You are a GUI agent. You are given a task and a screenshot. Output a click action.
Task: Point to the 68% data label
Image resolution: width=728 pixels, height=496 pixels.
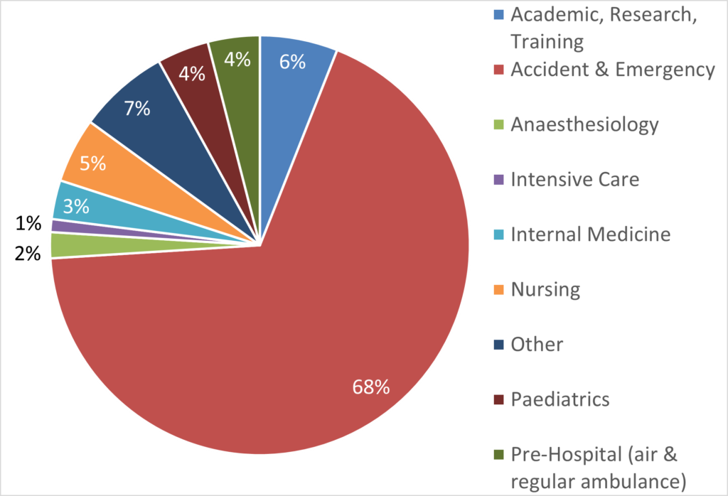tap(371, 387)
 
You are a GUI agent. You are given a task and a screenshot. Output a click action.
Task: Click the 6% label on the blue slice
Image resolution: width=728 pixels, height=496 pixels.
tap(292, 63)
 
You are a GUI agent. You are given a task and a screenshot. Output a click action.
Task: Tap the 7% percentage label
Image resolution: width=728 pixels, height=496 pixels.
tap(136, 109)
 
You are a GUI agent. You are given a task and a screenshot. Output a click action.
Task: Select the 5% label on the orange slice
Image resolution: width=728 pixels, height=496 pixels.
tap(92, 164)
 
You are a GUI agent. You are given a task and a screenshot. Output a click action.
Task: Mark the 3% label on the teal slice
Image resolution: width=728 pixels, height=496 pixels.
tap(76, 207)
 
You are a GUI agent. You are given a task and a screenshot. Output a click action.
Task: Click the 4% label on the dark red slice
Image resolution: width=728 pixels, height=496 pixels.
tap(193, 73)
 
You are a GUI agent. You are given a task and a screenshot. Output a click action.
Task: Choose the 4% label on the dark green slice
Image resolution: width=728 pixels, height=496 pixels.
tap(237, 60)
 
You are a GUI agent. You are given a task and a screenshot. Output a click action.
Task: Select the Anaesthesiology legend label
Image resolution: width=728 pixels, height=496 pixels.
tap(584, 125)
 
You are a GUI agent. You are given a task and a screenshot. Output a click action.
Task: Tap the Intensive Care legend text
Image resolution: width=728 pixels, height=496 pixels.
tap(574, 179)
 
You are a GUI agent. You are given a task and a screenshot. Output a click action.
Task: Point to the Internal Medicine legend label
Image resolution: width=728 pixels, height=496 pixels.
tap(590, 234)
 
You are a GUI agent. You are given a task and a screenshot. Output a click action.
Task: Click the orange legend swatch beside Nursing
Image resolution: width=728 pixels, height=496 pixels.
tap(499, 290)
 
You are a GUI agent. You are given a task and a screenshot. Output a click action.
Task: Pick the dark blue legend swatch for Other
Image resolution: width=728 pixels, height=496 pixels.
tap(499, 345)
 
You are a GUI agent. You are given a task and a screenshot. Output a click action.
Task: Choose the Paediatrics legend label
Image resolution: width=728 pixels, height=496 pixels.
tap(560, 399)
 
